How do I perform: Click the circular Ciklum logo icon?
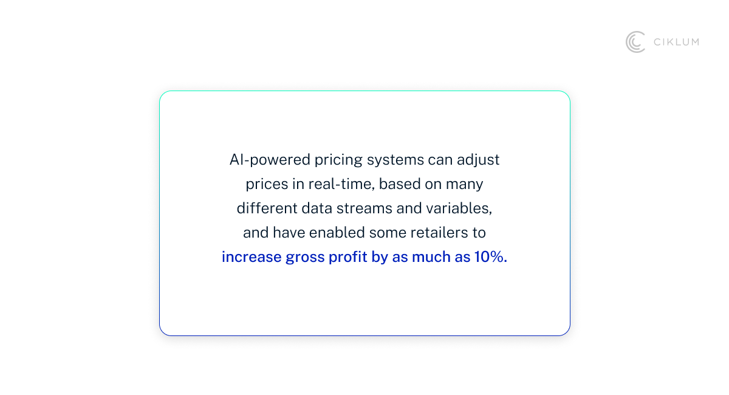[635, 42]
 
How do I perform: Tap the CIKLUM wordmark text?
[676, 42]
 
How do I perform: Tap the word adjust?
[479, 160]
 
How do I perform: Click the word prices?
[265, 184]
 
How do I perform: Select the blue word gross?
[305, 257]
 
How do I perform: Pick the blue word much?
[430, 257]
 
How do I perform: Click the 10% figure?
[490, 257]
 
